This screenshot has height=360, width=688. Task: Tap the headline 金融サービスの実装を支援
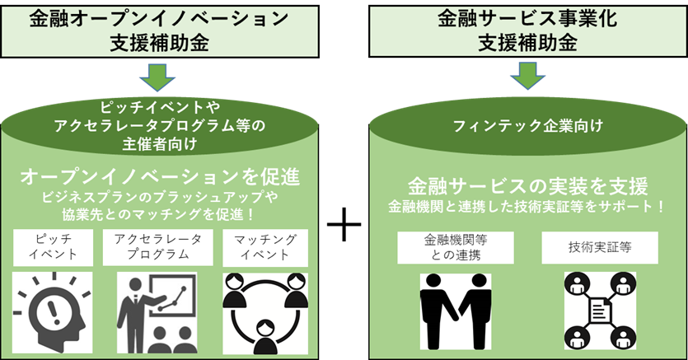pyautogui.click(x=528, y=184)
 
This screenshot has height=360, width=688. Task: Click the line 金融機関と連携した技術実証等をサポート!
pyautogui.click(x=527, y=204)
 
